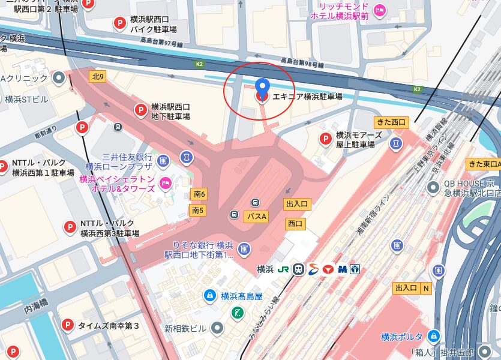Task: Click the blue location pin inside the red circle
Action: (262, 88)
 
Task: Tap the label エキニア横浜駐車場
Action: (307, 97)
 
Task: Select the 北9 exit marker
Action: (98, 76)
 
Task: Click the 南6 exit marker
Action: (199, 194)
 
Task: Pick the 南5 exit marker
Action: (197, 210)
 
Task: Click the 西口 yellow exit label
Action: (295, 224)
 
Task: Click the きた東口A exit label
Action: (484, 164)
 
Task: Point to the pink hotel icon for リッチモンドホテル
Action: (379, 10)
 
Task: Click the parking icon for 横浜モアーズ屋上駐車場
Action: (325, 139)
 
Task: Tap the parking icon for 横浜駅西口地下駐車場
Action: (140, 110)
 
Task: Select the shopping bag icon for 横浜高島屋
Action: (209, 295)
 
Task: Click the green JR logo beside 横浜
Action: (282, 269)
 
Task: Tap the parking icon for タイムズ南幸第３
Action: (68, 326)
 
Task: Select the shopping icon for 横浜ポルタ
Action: (434, 336)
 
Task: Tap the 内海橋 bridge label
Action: (36, 311)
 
